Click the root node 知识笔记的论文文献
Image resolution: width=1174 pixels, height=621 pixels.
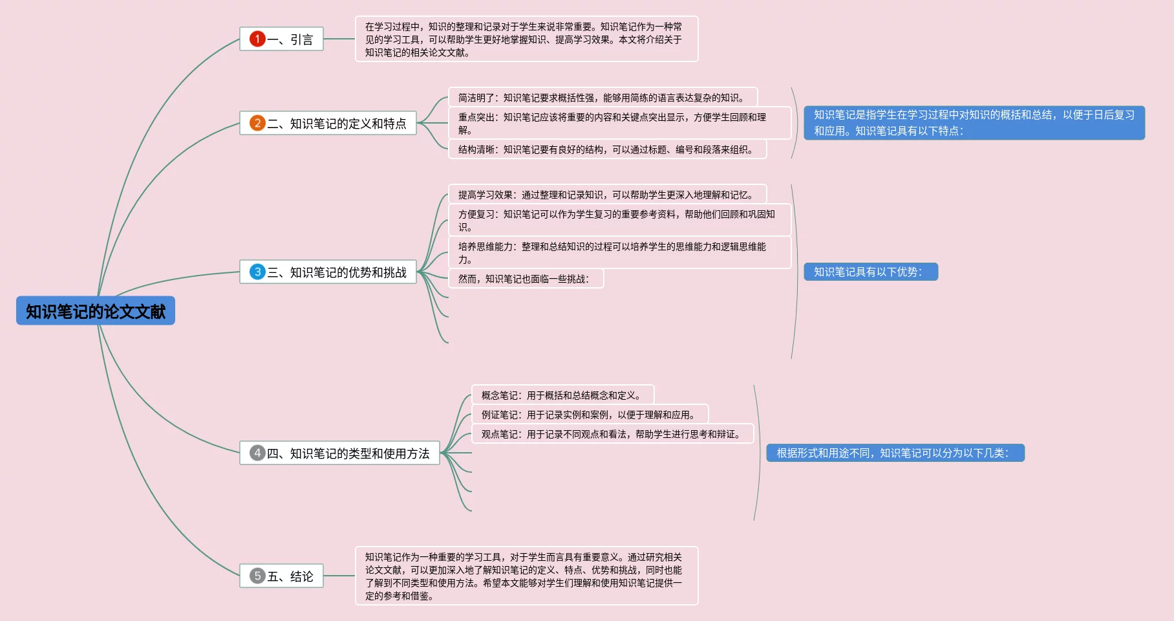coord(96,311)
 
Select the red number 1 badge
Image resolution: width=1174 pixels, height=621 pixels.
coord(257,39)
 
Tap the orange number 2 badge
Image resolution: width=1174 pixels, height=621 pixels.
coord(257,123)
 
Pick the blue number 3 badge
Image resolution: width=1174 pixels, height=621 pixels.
coord(257,272)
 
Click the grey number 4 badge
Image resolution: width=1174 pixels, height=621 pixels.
coord(257,453)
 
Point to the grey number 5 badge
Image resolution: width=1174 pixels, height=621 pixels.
coord(257,576)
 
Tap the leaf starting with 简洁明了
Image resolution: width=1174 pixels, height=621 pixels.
coord(602,98)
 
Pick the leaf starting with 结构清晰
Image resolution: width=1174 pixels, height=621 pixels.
coord(606,149)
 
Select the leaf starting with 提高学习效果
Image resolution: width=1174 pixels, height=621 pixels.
coord(606,195)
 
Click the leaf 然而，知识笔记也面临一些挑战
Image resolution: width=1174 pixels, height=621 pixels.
coord(525,279)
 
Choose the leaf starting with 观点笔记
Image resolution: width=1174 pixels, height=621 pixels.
coord(612,434)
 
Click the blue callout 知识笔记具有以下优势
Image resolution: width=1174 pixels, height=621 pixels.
coord(870,272)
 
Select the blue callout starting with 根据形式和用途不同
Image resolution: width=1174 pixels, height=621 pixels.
coord(895,453)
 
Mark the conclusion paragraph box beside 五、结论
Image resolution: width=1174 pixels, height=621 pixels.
coord(526,576)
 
